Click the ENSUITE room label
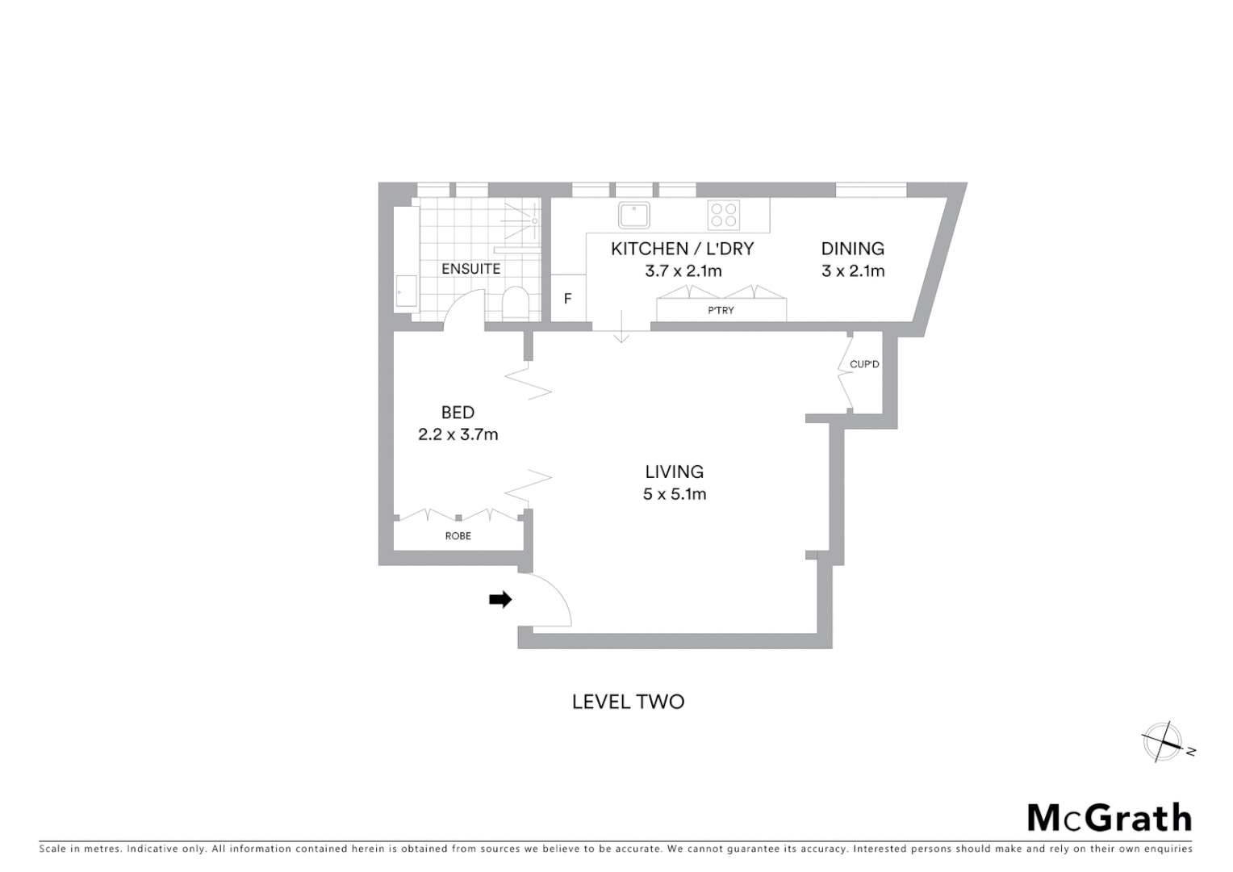(470, 269)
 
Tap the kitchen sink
(634, 216)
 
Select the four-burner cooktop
(723, 216)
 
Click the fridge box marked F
(567, 299)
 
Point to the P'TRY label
(721, 310)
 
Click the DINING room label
(852, 249)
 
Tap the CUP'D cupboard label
(864, 364)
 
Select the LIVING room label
(674, 472)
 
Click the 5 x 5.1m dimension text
(674, 494)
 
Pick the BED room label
(458, 413)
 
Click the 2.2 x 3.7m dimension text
(458, 434)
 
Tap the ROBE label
(458, 536)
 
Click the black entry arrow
(500, 599)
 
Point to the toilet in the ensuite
(514, 304)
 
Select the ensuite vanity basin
(406, 291)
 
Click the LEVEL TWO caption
(628, 702)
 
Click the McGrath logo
(1109, 818)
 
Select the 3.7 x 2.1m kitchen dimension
(683, 271)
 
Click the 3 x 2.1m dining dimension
(853, 271)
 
